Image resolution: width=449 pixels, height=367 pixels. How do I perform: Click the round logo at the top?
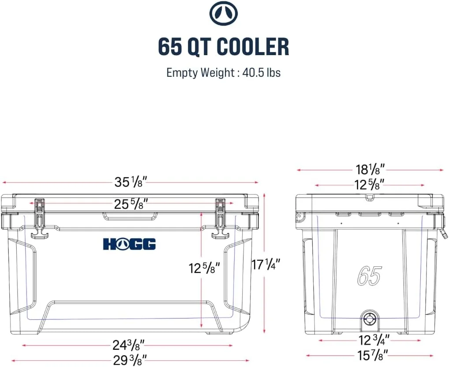[224, 14]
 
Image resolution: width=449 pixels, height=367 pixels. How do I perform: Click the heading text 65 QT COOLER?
[224, 46]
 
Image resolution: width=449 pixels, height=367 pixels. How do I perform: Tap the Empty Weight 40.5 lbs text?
[224, 72]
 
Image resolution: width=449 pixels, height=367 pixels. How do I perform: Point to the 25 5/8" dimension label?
[131, 204]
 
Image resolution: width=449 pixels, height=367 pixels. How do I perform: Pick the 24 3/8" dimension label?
[128, 345]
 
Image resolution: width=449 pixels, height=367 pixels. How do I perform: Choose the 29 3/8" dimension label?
[130, 360]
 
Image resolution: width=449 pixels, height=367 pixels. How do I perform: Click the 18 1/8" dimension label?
[370, 169]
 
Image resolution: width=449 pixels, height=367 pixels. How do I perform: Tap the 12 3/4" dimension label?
[374, 340]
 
